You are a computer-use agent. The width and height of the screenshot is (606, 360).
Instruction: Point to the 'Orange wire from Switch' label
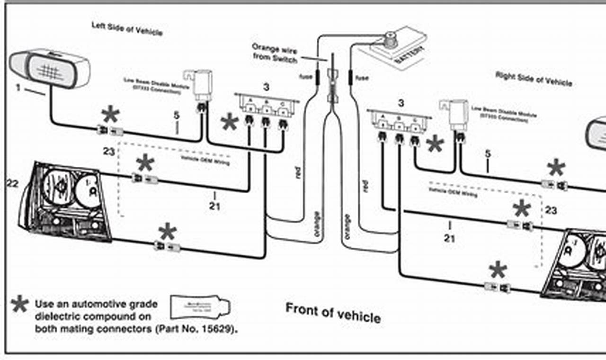(x=275, y=53)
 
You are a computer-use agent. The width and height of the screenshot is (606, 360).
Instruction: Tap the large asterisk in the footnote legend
(x=19, y=304)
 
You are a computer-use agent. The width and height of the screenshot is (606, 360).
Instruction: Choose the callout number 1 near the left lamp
(x=18, y=88)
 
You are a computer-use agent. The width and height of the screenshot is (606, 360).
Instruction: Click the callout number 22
(x=12, y=183)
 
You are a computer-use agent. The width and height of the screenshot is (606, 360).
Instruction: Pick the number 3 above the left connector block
(x=267, y=87)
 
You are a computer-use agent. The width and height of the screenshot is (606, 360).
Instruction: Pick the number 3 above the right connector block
(x=401, y=103)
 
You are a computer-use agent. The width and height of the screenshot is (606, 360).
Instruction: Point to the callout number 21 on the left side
(x=214, y=206)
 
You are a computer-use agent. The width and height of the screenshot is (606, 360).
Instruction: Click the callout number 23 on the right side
(x=551, y=210)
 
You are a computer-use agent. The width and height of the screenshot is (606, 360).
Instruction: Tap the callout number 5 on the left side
(x=177, y=115)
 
